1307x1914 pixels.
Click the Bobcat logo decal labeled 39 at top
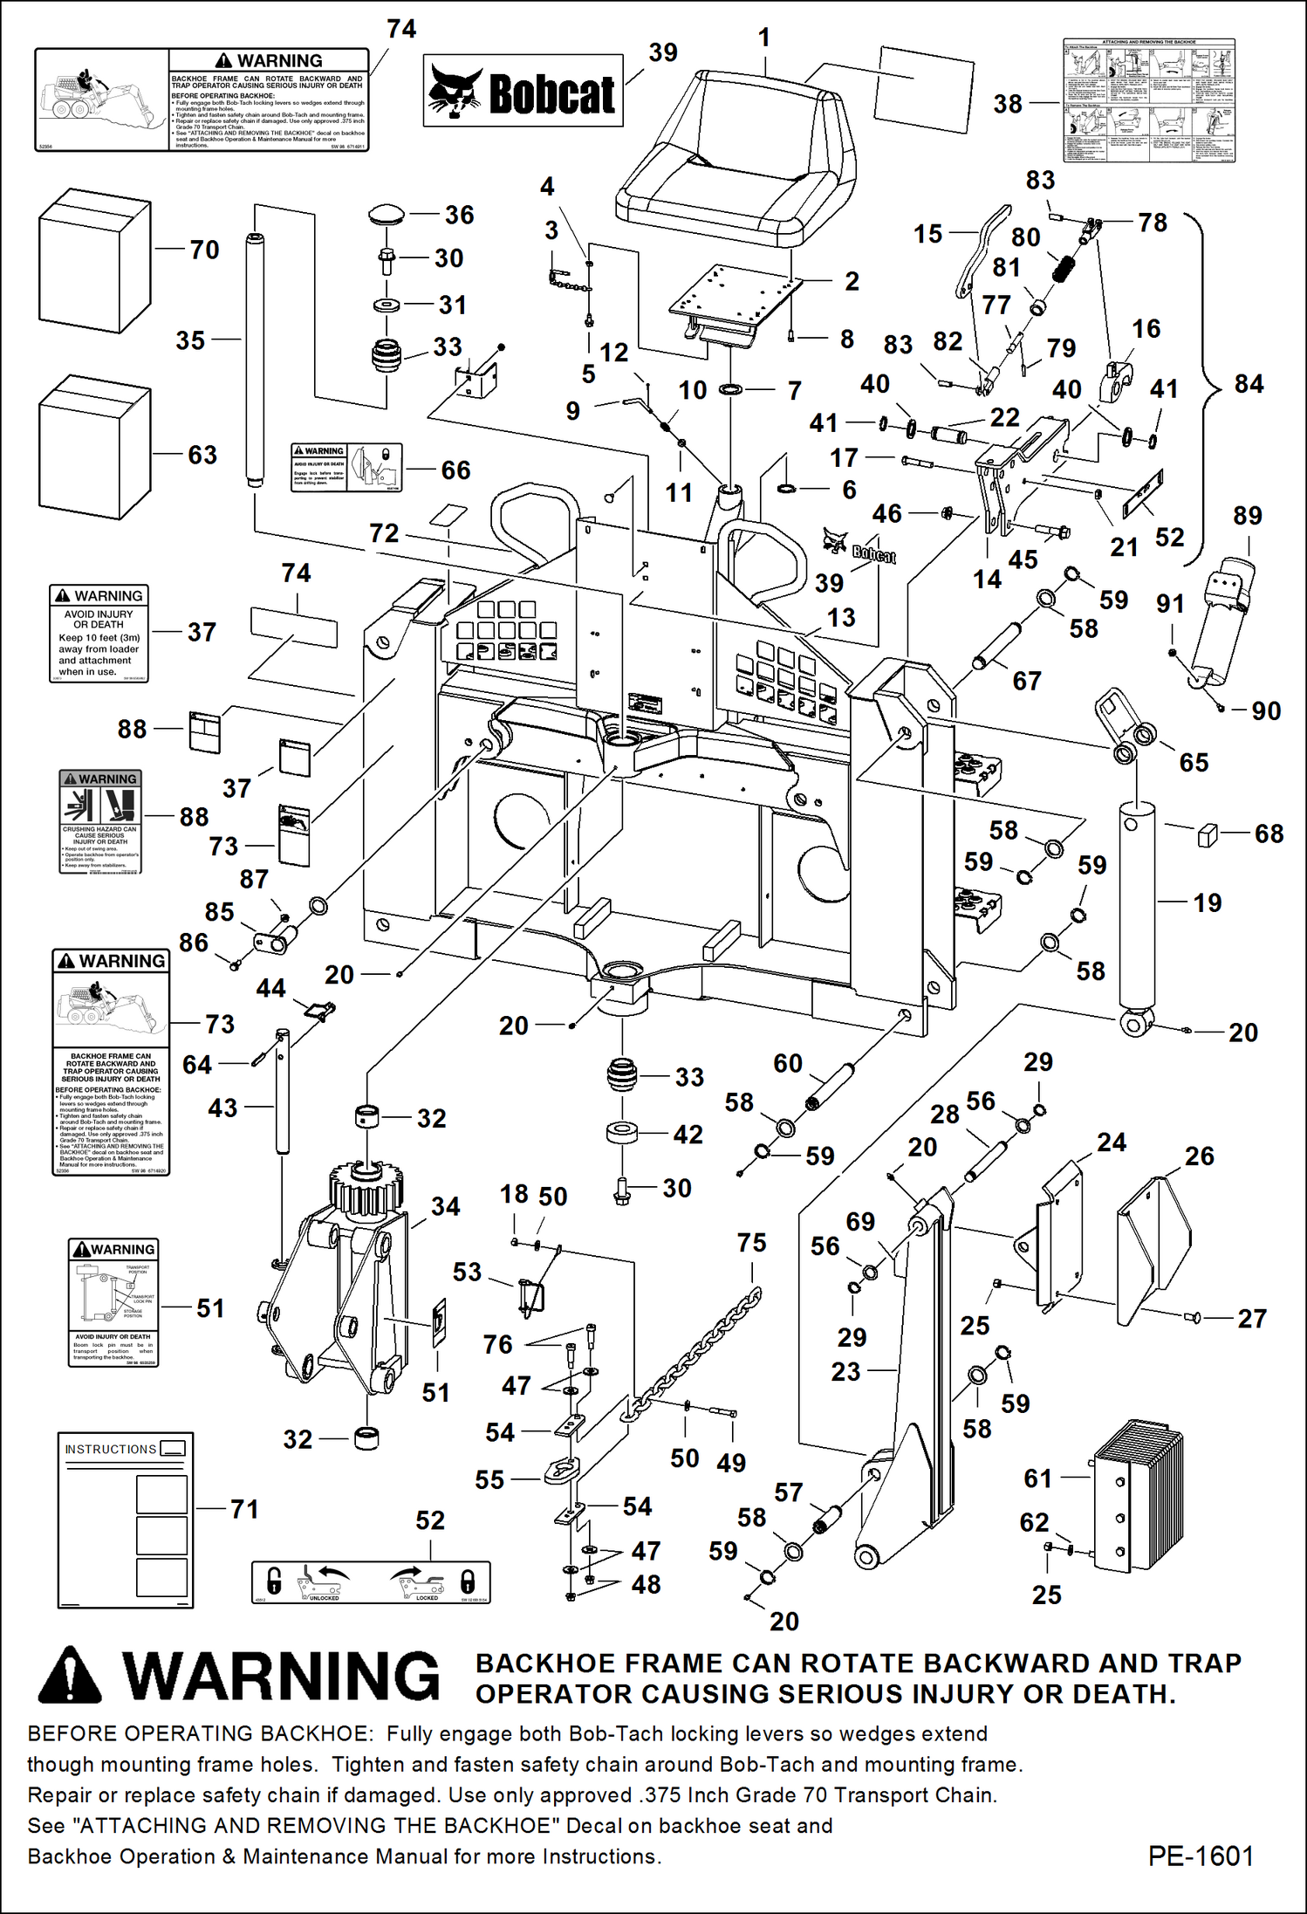[523, 91]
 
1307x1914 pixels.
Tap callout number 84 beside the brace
[1249, 384]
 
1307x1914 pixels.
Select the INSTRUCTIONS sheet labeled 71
[125, 1520]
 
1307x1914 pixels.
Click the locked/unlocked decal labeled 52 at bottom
[371, 1581]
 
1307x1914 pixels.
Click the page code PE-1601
[1201, 1856]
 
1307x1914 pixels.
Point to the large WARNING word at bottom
[281, 1676]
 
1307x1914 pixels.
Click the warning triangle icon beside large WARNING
[70, 1676]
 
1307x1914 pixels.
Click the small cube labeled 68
[1208, 834]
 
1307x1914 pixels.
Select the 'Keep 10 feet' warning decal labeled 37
[98, 633]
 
